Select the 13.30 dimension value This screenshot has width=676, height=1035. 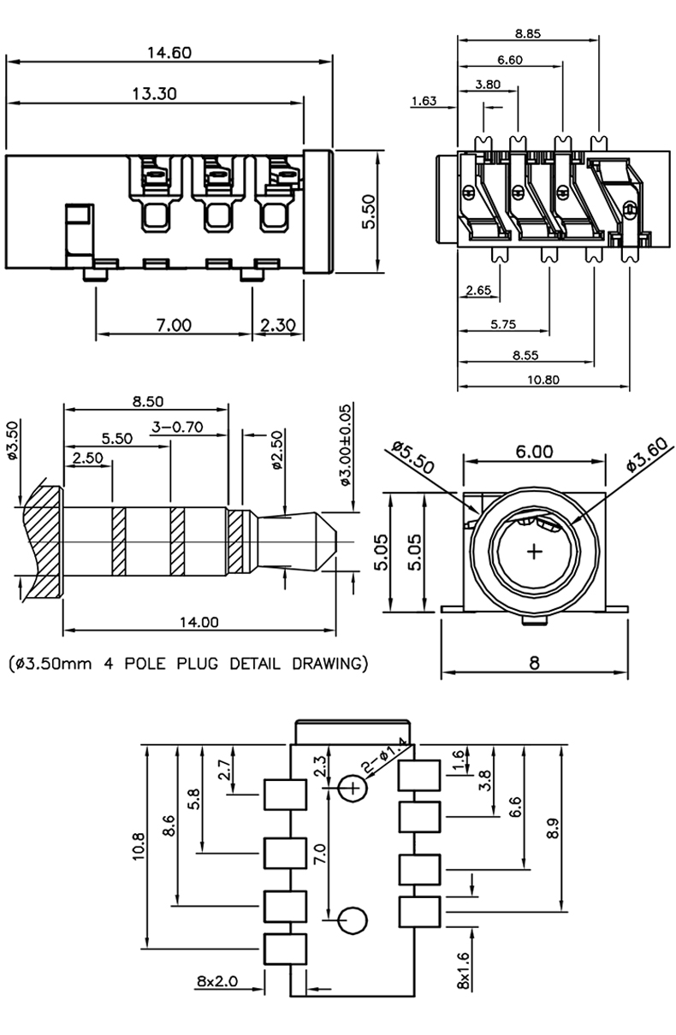click(x=154, y=93)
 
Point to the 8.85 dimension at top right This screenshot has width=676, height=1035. click(x=528, y=33)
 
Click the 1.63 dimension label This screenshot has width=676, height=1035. click(x=424, y=101)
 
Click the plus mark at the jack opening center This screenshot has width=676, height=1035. click(x=535, y=552)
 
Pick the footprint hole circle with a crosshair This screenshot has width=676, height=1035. click(x=352, y=788)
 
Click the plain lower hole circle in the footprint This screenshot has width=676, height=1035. click(x=353, y=920)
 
